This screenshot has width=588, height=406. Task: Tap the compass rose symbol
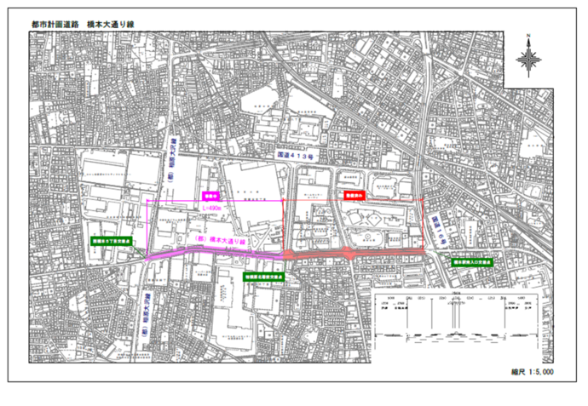coord(529,59)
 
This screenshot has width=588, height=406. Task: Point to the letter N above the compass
coord(529,36)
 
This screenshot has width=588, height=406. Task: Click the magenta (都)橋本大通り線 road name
coord(221,241)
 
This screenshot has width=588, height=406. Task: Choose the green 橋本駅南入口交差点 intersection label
coord(471,263)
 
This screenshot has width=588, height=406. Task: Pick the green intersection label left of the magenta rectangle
coord(109,242)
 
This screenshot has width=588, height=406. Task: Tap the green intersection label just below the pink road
coord(263,277)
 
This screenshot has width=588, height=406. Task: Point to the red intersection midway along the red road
coord(349,253)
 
